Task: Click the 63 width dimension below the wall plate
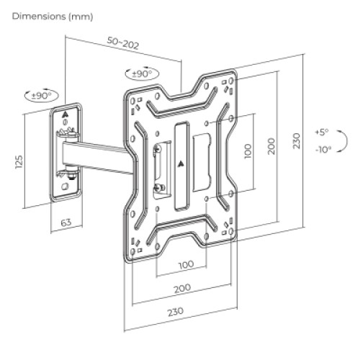66,223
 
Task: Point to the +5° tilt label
321,132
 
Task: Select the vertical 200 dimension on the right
271,146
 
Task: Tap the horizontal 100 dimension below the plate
185,264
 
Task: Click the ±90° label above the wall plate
41,95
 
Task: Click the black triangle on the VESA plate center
180,162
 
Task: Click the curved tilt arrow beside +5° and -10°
338,141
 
